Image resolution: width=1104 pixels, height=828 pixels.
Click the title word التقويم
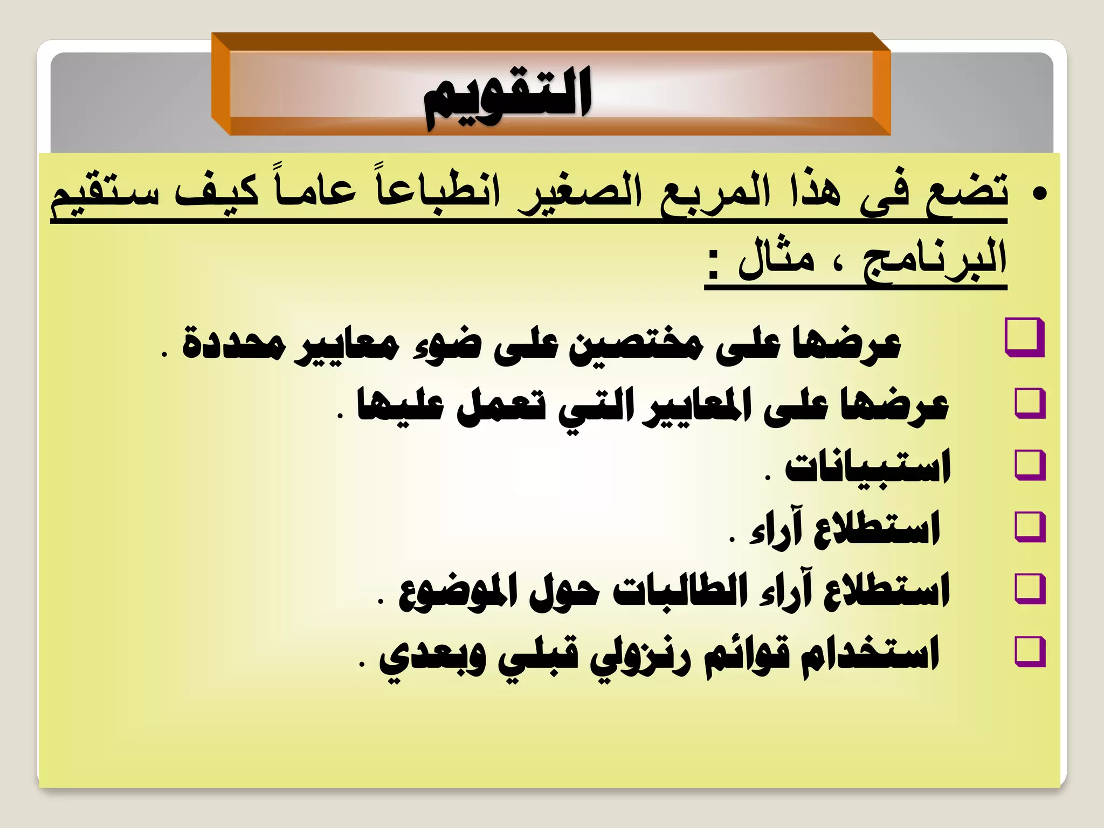[508, 97]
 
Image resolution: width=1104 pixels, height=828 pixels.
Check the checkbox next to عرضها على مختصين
[1024, 338]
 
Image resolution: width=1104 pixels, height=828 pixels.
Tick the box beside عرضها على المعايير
[1030, 403]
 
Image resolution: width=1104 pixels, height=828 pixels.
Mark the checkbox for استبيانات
[1030, 465]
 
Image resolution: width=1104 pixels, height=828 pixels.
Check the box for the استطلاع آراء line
[1030, 527]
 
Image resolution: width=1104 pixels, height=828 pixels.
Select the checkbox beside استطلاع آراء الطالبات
[1030, 589]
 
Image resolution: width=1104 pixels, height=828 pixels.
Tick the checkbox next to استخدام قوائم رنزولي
[1030, 651]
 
